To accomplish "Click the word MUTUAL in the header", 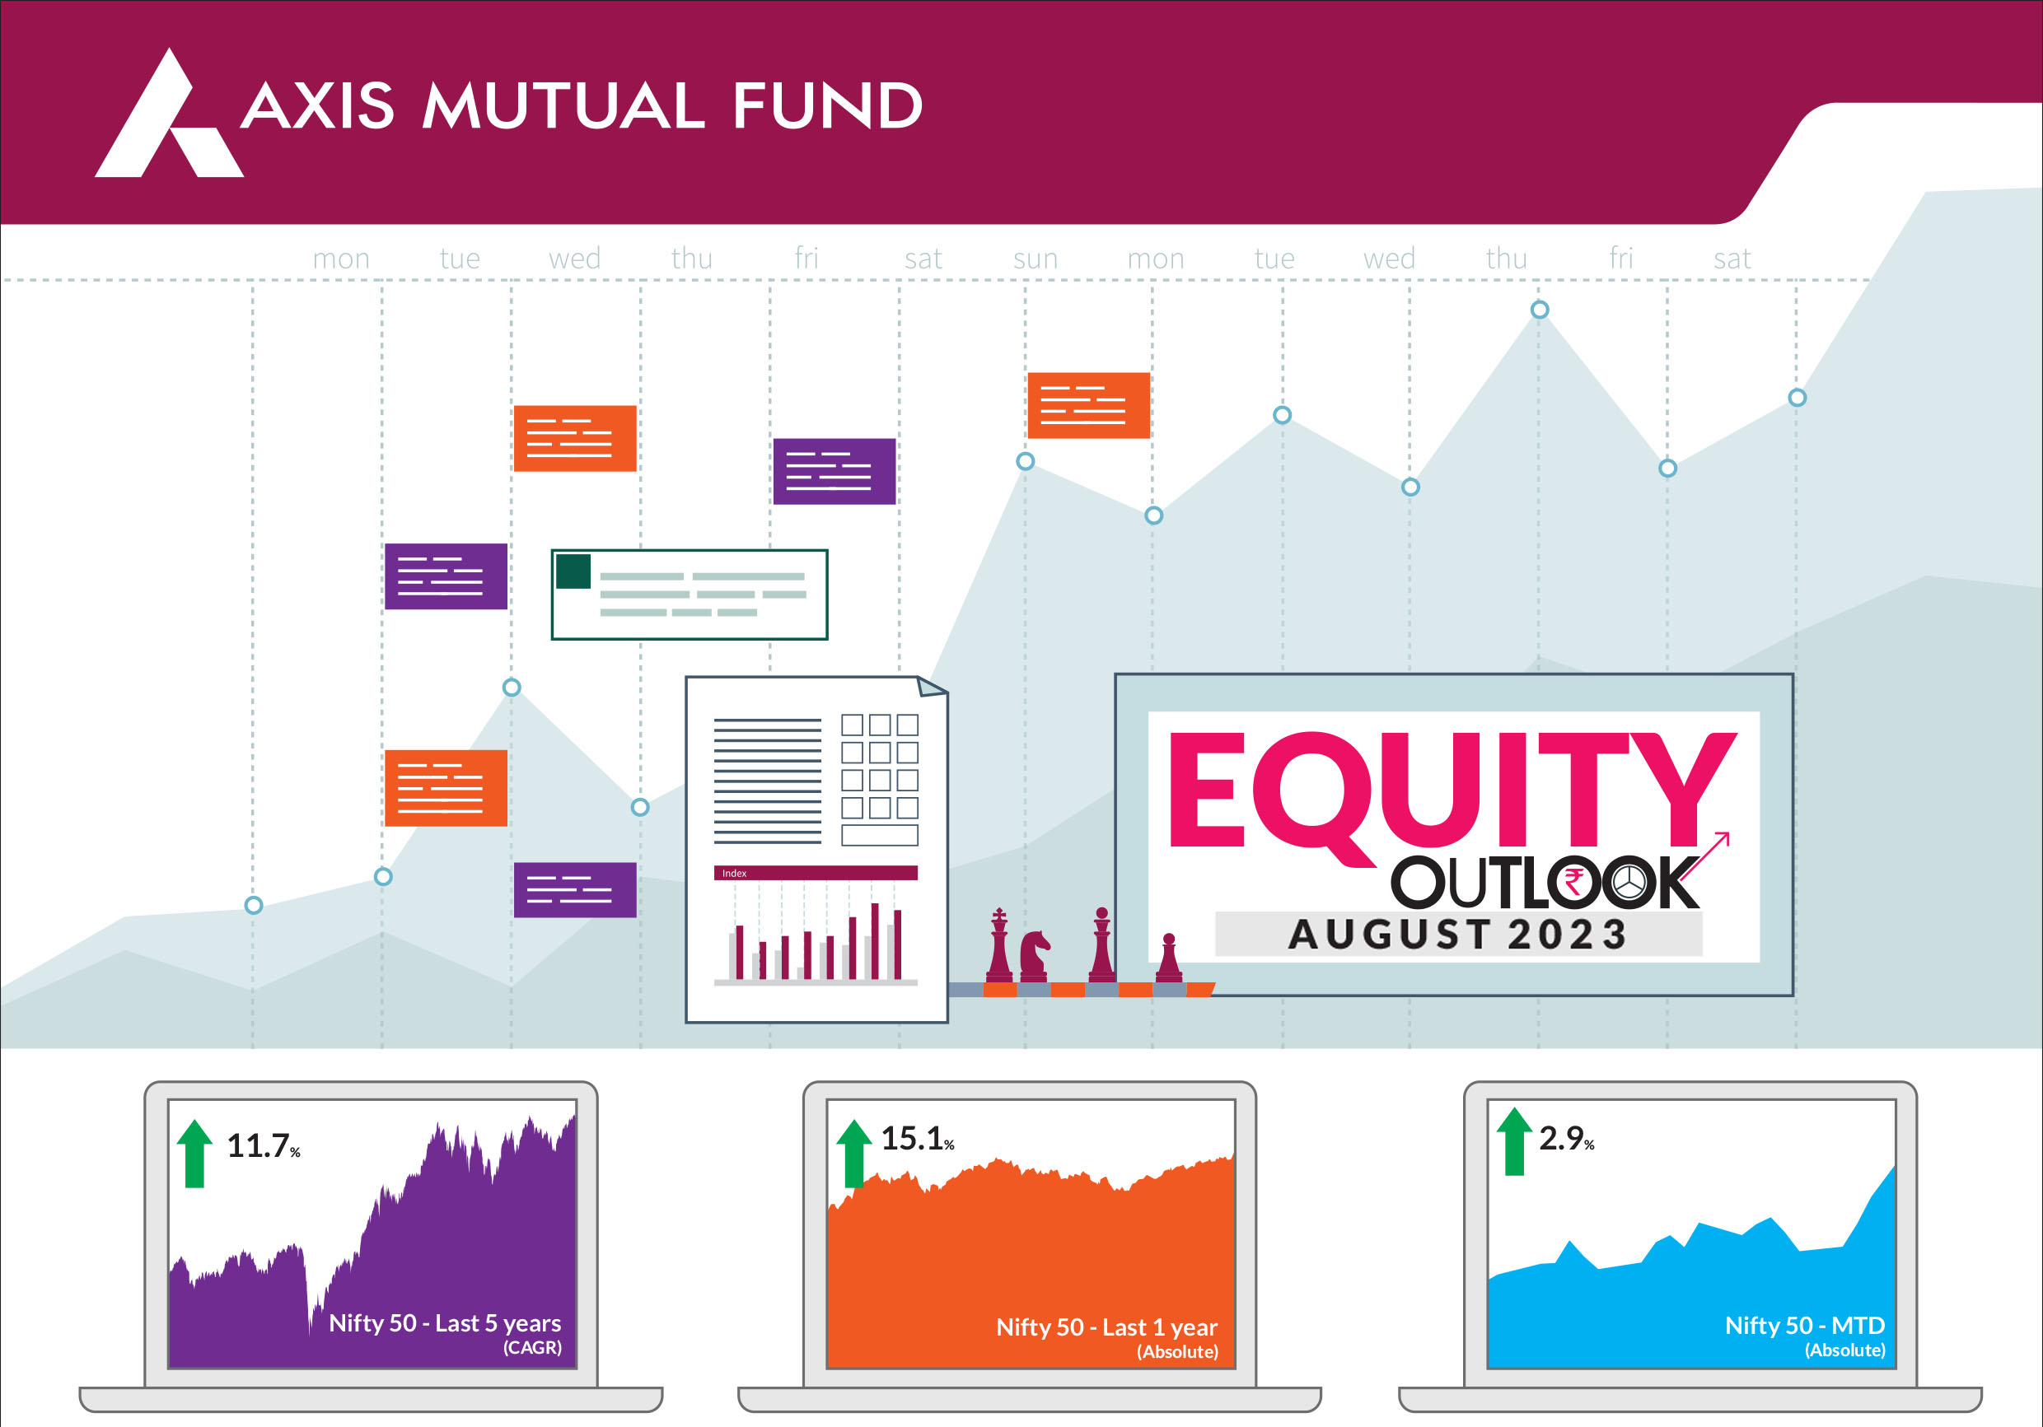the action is (563, 106).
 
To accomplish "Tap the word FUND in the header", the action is (828, 106).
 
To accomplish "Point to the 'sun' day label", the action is (1036, 259).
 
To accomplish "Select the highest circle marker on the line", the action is (1540, 310).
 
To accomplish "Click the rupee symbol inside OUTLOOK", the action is (1574, 883).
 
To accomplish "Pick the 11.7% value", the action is (264, 1146).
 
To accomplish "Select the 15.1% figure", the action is (918, 1139).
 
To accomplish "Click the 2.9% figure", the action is (1567, 1139).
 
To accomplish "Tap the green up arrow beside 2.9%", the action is (1514, 1141).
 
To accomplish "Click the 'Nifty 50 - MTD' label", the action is (1805, 1326).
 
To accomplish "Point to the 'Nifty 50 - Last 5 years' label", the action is (445, 1324).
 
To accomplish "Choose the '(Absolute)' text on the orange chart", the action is (1177, 1352).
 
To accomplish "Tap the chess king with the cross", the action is (999, 944).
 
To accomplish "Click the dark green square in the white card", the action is (573, 571).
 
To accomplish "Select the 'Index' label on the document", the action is (734, 874).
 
